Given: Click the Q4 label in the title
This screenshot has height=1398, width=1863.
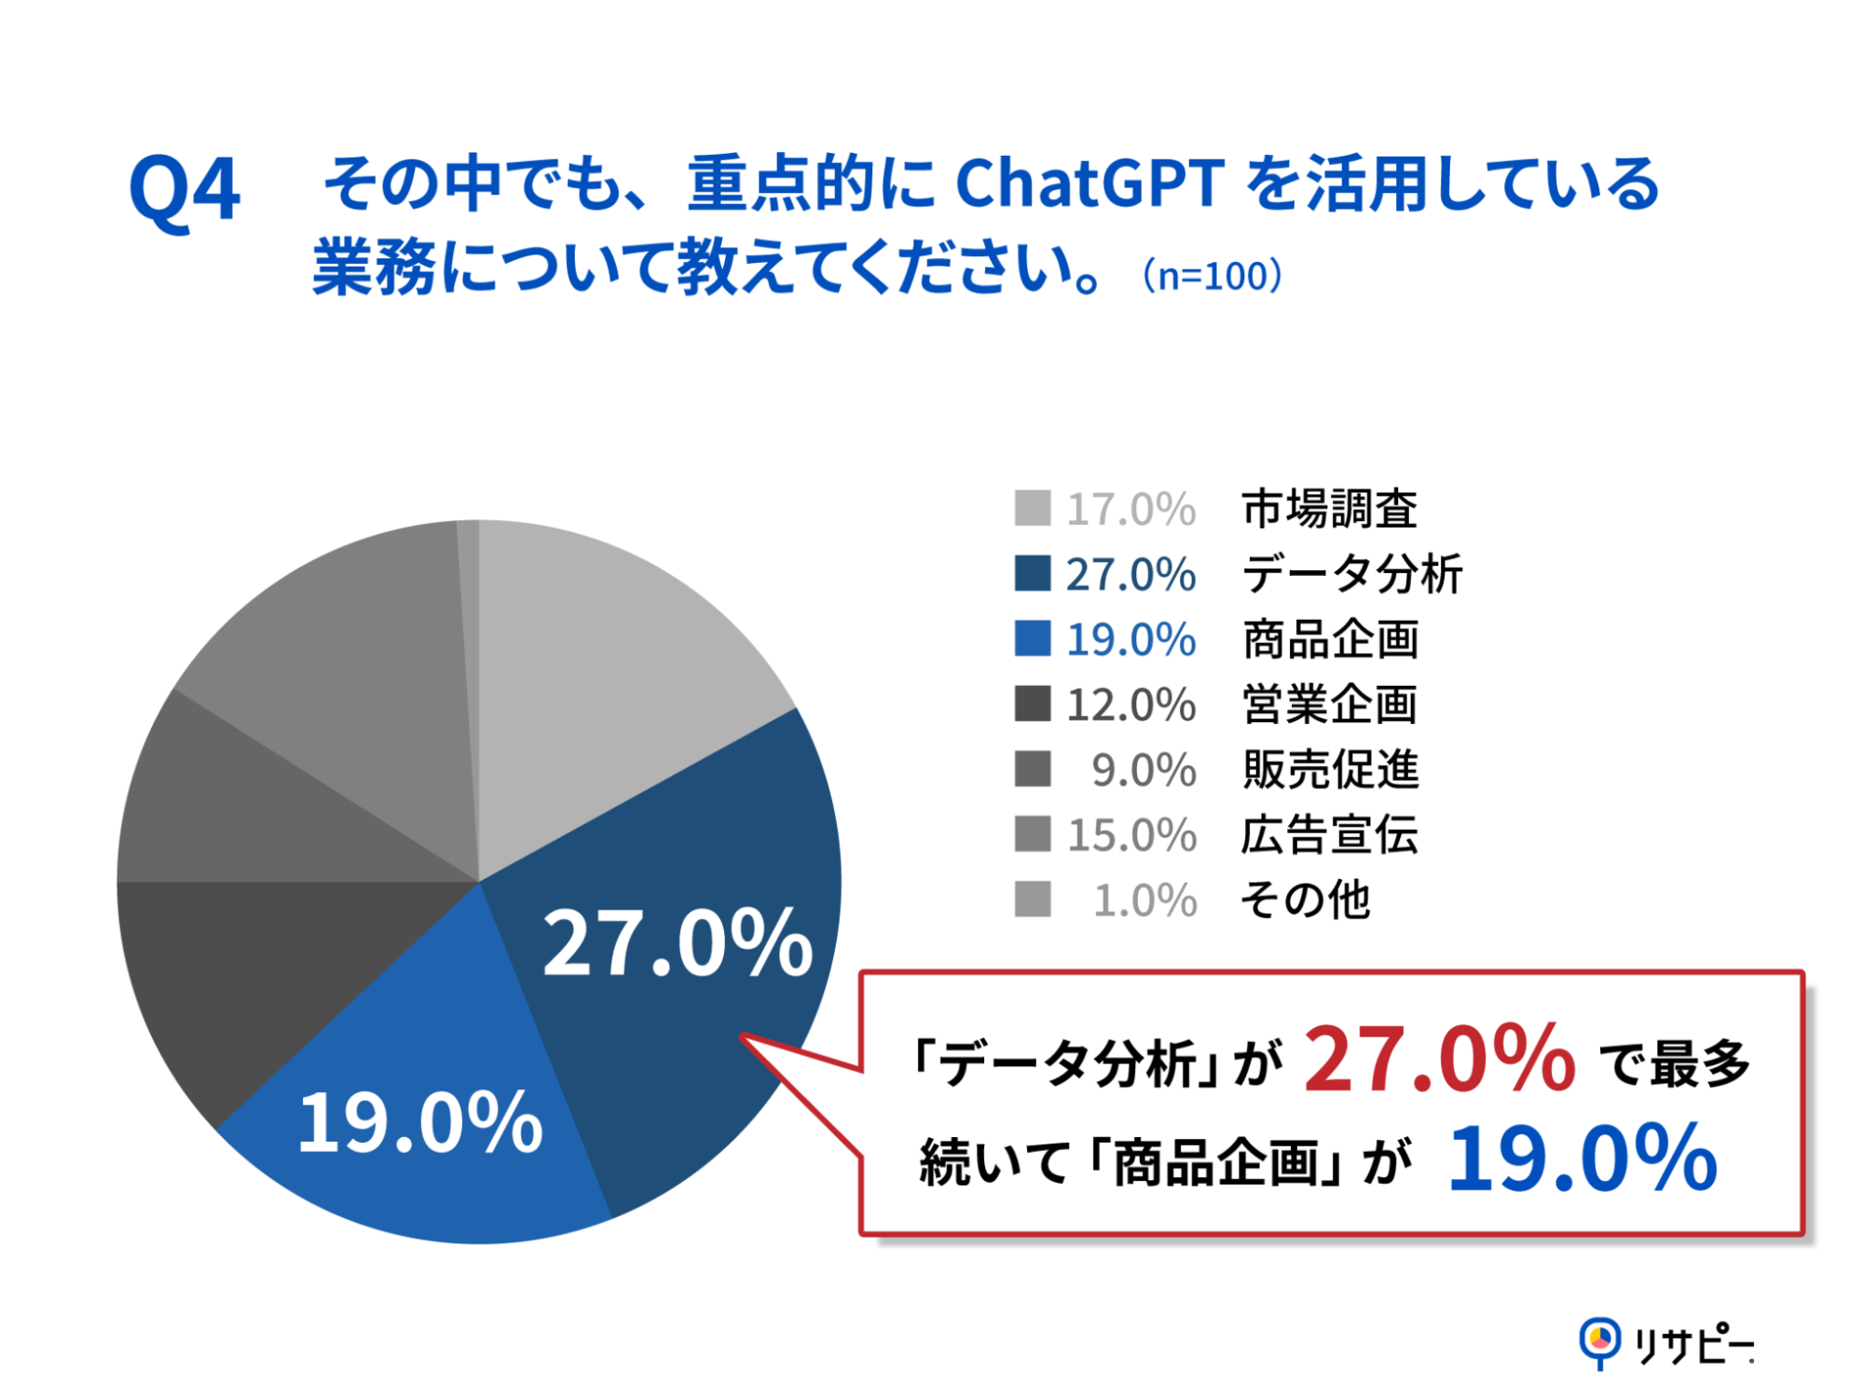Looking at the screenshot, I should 185,190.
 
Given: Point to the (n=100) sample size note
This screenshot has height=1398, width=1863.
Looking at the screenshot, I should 1212,276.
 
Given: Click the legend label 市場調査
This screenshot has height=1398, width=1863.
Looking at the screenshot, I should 1329,509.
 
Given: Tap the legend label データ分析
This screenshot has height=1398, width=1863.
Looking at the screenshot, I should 1351,574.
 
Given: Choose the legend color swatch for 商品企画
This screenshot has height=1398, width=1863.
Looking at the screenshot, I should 1033,639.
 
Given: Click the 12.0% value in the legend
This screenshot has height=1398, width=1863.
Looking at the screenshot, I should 1130,705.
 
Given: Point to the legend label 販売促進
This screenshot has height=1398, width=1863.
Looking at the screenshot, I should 1330,770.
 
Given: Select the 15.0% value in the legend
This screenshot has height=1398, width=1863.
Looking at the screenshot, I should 1130,835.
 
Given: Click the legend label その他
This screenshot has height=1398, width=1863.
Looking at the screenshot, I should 1305,900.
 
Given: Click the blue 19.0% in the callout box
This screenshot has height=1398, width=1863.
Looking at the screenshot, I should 1582,1159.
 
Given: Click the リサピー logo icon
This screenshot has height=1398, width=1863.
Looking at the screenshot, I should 1600,1342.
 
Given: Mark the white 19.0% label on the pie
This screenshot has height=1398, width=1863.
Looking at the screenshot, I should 419,1123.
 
